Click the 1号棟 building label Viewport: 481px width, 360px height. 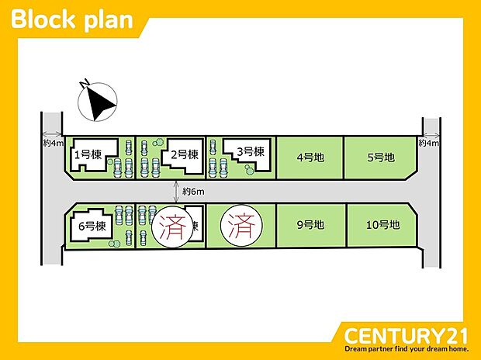88,154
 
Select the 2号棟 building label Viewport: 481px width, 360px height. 185,154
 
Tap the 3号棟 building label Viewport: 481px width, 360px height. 251,151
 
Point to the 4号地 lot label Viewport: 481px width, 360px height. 310,157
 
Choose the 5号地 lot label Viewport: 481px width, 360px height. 381,157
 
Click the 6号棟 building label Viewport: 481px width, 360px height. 92,227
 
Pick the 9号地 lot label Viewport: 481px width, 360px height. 310,225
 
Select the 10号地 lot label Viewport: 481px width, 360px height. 382,225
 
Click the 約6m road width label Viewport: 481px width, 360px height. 193,192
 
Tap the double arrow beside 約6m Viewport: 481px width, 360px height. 176,192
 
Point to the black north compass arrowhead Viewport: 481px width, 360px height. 100,104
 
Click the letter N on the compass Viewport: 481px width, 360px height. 84,83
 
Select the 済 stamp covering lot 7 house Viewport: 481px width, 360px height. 173,227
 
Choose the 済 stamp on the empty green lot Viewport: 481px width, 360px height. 241,226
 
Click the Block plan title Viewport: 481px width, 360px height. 72,19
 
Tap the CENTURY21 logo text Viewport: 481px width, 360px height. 406,336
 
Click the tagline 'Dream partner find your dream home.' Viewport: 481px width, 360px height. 407,349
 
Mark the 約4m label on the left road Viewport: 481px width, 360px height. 54,143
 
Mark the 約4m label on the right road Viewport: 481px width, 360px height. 429,143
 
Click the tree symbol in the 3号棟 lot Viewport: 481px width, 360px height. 249,169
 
